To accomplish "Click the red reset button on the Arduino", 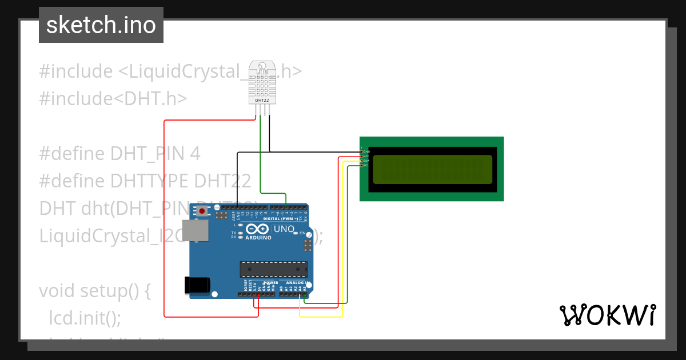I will click(x=202, y=211).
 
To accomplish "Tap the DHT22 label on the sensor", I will click(x=262, y=101).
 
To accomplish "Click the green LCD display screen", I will click(x=432, y=169).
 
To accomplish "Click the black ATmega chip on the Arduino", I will click(x=274, y=269).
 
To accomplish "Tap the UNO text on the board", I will click(x=284, y=230).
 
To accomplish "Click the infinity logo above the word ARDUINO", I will click(x=259, y=229).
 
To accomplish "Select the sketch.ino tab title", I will click(x=101, y=25).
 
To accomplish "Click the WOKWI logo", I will click(x=607, y=315).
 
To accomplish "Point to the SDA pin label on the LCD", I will click(x=366, y=161).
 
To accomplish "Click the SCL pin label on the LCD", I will click(x=366, y=165).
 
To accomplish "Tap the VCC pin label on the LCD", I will click(x=366, y=156).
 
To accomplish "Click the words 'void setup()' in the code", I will click(x=95, y=291).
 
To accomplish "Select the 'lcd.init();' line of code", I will click(x=85, y=318).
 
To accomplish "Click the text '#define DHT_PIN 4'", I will click(x=120, y=153).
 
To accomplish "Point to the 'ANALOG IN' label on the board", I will click(x=297, y=283).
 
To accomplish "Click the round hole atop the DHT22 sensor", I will click(x=262, y=68).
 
